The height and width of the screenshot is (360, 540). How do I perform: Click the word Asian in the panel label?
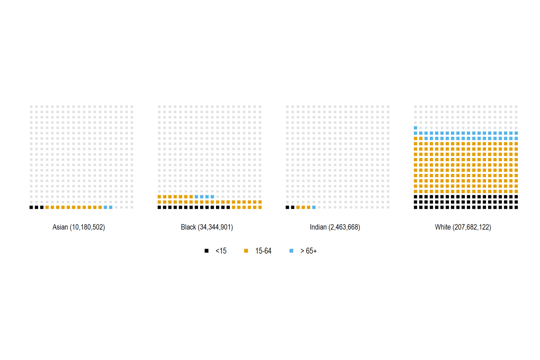coord(60,227)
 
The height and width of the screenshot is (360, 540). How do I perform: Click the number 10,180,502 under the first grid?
coord(87,227)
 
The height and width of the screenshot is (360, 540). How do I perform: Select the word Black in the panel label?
coord(188,227)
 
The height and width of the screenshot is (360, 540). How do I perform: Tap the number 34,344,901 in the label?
coord(215,227)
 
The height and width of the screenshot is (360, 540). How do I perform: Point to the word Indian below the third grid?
coord(318,227)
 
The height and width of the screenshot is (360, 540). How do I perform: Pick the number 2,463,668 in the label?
coord(344,227)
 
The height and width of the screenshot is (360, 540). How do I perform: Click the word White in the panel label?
coord(442,227)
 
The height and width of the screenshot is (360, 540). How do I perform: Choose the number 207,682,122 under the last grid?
coord(471,227)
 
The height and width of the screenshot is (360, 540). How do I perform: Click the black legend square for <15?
coord(207,251)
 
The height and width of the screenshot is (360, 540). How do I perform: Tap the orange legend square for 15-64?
coord(246,251)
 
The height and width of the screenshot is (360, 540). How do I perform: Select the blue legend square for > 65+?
coord(291,251)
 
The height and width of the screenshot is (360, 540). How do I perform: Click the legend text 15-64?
coord(263,251)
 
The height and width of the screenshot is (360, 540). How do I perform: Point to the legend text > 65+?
coord(308,251)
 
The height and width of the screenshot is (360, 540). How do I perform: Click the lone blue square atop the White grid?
coord(415,128)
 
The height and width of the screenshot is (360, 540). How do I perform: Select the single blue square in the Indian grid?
coord(314,207)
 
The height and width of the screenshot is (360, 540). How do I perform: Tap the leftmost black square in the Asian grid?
coord(31,207)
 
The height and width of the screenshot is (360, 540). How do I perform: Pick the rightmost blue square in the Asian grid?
coord(111,207)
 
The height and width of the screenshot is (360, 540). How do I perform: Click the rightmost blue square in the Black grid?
coord(212,197)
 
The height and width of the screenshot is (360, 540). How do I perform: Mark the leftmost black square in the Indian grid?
coord(287,207)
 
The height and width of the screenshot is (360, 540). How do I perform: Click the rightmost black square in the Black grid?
coord(228,207)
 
